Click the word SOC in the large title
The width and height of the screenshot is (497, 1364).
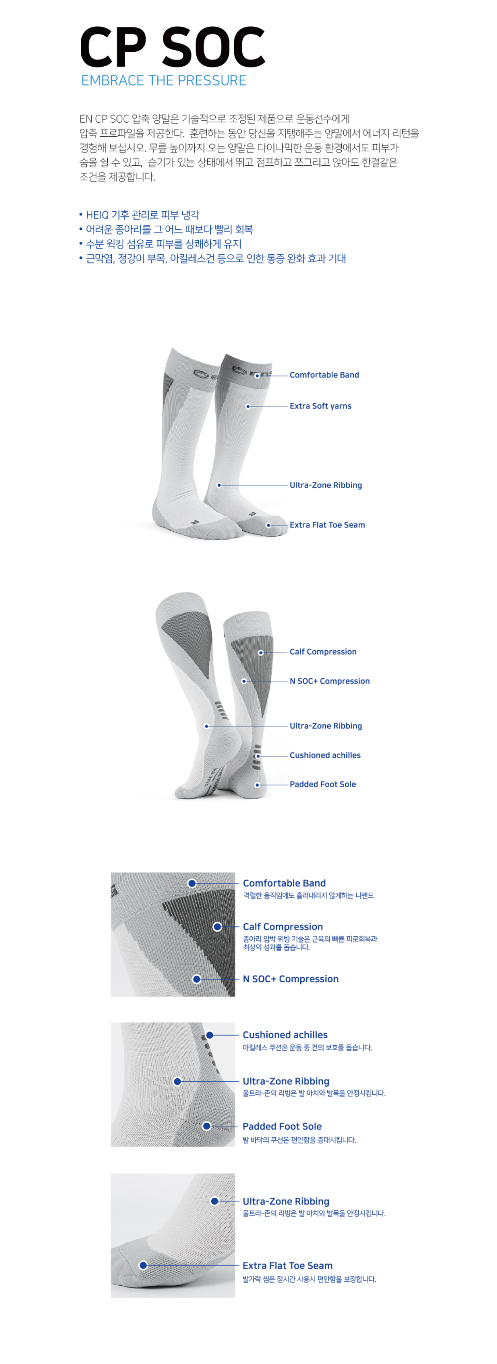(213, 48)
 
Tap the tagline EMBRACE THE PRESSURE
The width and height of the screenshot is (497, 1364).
(164, 80)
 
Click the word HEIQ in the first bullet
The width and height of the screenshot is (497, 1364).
(97, 215)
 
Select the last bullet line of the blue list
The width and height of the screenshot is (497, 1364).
(213, 258)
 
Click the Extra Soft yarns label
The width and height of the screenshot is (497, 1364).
(320, 406)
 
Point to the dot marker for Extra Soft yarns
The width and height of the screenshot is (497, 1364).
(248, 407)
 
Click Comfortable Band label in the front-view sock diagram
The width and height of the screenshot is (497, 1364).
(324, 375)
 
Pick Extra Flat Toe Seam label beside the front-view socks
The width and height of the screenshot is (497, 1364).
(327, 525)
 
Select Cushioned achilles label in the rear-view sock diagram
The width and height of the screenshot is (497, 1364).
(325, 755)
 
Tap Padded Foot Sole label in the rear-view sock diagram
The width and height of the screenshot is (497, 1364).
(323, 784)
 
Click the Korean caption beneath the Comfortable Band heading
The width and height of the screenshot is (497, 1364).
(308, 895)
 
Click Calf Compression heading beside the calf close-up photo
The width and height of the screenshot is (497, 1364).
(283, 926)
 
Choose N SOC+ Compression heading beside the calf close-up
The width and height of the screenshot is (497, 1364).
(290, 979)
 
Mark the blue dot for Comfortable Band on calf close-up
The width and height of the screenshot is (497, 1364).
(192, 883)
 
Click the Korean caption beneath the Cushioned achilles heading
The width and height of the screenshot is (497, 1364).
(307, 1048)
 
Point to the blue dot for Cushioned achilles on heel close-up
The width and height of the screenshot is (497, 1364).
(210, 1035)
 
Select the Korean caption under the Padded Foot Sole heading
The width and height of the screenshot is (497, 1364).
(299, 1139)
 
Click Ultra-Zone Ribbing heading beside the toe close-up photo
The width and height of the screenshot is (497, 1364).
(286, 1201)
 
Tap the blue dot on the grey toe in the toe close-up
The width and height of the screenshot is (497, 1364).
(143, 1265)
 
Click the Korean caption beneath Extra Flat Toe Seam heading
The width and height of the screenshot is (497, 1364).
(309, 1279)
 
